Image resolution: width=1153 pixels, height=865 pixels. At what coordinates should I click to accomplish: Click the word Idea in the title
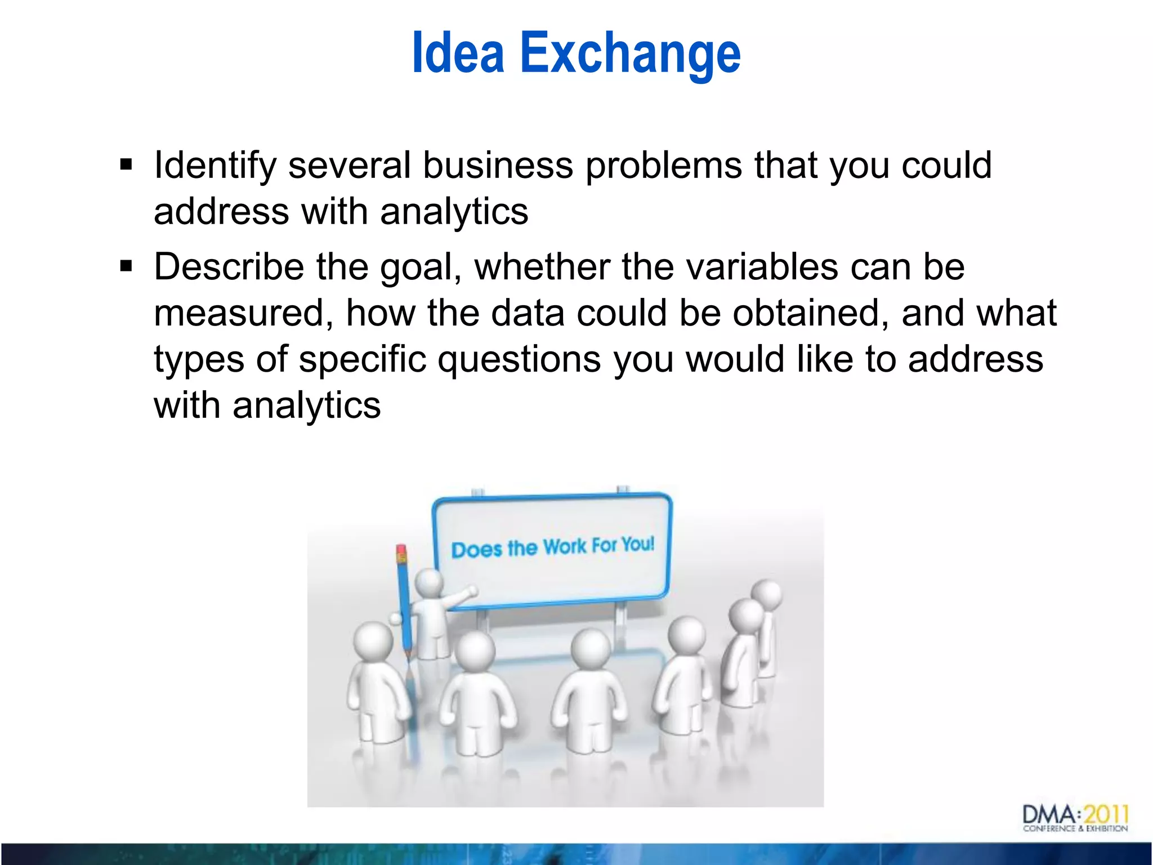457,53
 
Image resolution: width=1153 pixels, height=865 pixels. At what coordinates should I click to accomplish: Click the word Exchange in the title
630,53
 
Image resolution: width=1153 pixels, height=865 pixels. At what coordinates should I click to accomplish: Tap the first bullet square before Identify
126,165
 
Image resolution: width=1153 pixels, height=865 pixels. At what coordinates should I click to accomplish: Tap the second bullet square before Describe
126,266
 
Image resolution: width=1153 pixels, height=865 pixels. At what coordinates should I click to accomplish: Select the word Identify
214,166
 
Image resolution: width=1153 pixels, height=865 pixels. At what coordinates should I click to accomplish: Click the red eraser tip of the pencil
401,549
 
